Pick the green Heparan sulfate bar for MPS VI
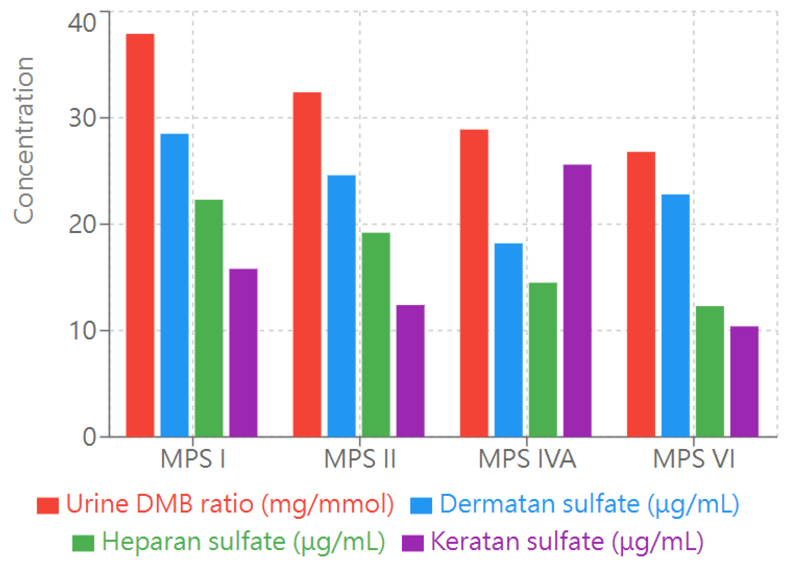coord(710,371)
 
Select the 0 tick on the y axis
coord(89,437)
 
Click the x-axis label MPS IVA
coord(527,459)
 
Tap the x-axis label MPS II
coord(360,459)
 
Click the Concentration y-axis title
coord(24,141)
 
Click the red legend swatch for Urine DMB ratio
coord(47,506)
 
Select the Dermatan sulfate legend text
coord(589,504)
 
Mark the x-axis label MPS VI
coord(694,459)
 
